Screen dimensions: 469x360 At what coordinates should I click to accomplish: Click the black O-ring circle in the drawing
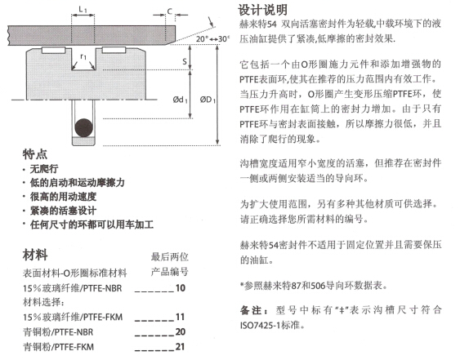pos(83,128)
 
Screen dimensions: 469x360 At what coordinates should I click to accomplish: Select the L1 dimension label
pos(83,9)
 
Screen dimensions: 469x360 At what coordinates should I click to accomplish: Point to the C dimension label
pos(170,11)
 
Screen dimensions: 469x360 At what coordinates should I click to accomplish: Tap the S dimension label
pos(185,61)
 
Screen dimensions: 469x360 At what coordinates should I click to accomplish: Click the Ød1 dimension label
pos(180,100)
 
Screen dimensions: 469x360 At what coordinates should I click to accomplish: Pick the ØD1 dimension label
pos(208,100)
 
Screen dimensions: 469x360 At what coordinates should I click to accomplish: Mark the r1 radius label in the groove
pos(83,56)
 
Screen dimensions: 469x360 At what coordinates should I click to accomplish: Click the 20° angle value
pos(202,39)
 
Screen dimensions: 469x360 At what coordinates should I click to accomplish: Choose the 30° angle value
pos(224,39)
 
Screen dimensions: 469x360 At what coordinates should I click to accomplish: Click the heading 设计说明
pos(262,10)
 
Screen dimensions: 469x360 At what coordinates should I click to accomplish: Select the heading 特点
pos(35,154)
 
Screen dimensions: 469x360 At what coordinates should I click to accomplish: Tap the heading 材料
pos(35,256)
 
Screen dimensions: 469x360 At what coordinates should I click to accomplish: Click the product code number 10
pos(181,287)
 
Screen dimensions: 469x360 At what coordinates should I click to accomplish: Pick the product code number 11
pos(180,317)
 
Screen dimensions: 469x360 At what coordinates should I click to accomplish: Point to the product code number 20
pos(181,331)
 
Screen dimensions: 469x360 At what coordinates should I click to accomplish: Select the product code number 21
pos(180,346)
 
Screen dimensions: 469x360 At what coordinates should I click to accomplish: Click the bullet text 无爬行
pos(44,169)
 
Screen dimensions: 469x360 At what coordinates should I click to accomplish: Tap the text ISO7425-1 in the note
pos(261,325)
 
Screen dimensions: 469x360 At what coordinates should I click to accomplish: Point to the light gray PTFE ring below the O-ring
pos(83,141)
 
